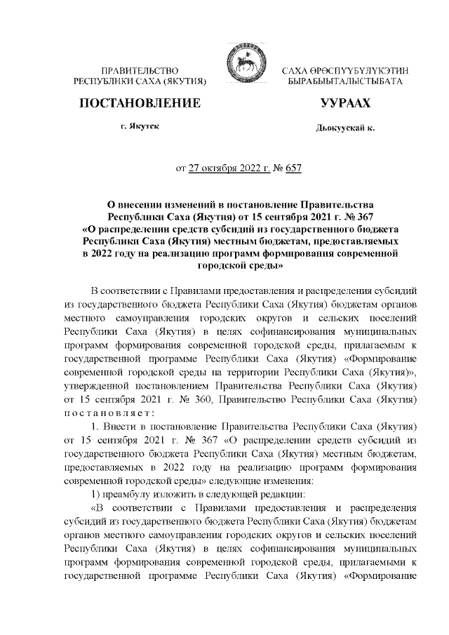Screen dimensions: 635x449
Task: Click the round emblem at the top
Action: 242,70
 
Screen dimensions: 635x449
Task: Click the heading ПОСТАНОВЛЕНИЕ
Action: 140,105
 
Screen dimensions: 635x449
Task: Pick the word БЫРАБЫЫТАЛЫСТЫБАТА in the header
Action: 345,82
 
